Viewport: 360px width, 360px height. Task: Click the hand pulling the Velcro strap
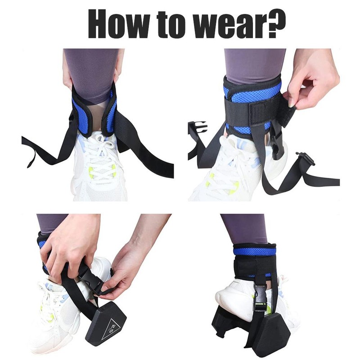click(x=310, y=85)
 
